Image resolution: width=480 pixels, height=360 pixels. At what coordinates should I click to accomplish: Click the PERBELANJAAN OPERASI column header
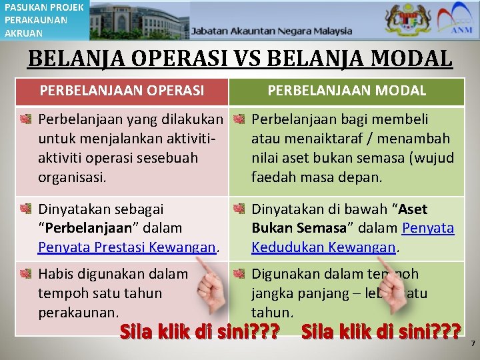pyautogui.click(x=122, y=91)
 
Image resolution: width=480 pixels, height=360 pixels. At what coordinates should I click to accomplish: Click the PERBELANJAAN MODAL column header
pyautogui.click(x=347, y=91)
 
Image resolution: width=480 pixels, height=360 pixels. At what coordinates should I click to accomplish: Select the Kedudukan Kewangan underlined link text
pyautogui.click(x=325, y=247)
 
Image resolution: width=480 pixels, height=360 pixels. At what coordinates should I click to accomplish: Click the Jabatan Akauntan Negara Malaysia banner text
pyautogui.click(x=271, y=31)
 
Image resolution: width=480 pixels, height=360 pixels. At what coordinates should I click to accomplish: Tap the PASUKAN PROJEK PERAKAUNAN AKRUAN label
pyautogui.click(x=44, y=20)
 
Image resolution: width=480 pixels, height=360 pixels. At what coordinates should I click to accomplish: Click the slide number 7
pyautogui.click(x=472, y=343)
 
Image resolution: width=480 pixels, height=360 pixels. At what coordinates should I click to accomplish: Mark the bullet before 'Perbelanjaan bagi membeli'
pyautogui.click(x=239, y=120)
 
